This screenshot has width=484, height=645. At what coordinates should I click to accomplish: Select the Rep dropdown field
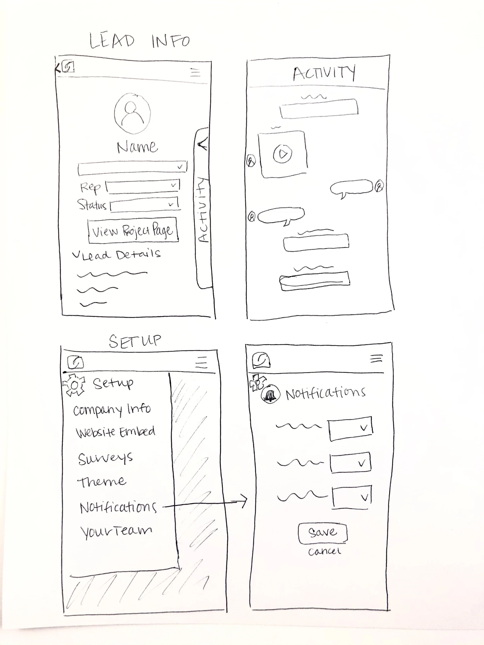click(143, 186)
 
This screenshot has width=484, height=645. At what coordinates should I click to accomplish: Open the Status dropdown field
click(144, 205)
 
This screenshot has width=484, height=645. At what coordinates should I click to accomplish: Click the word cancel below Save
click(324, 551)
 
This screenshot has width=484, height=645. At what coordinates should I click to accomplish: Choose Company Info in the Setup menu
click(112, 409)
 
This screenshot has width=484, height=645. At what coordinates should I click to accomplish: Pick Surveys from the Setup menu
click(105, 458)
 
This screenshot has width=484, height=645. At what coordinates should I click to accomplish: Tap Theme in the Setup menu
click(101, 482)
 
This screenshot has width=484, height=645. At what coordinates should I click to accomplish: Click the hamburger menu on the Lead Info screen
click(196, 72)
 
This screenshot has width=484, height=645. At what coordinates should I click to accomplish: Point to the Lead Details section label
click(117, 255)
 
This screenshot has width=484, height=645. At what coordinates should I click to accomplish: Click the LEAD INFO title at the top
click(139, 41)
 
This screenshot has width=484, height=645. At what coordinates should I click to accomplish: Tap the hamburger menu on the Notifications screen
click(376, 358)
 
